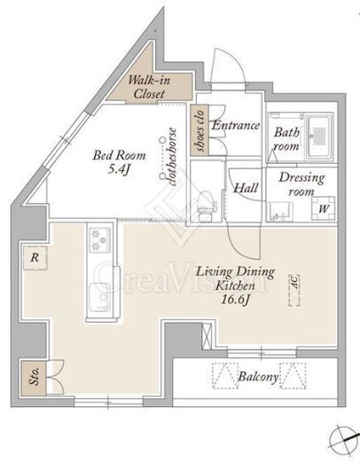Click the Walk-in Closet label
(149, 87)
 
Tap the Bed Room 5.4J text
(119, 162)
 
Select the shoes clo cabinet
(200, 130)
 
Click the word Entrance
(236, 125)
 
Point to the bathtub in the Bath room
(318, 137)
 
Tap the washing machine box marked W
(323, 208)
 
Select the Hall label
(246, 188)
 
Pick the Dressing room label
(301, 184)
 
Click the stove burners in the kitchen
(99, 239)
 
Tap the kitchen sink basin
(98, 297)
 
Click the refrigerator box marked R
(35, 258)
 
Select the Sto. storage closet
(34, 378)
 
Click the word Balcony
(258, 377)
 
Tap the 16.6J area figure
(236, 300)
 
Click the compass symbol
(344, 440)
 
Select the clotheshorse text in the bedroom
(171, 157)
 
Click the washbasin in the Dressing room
(280, 212)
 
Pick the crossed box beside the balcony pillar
(207, 336)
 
